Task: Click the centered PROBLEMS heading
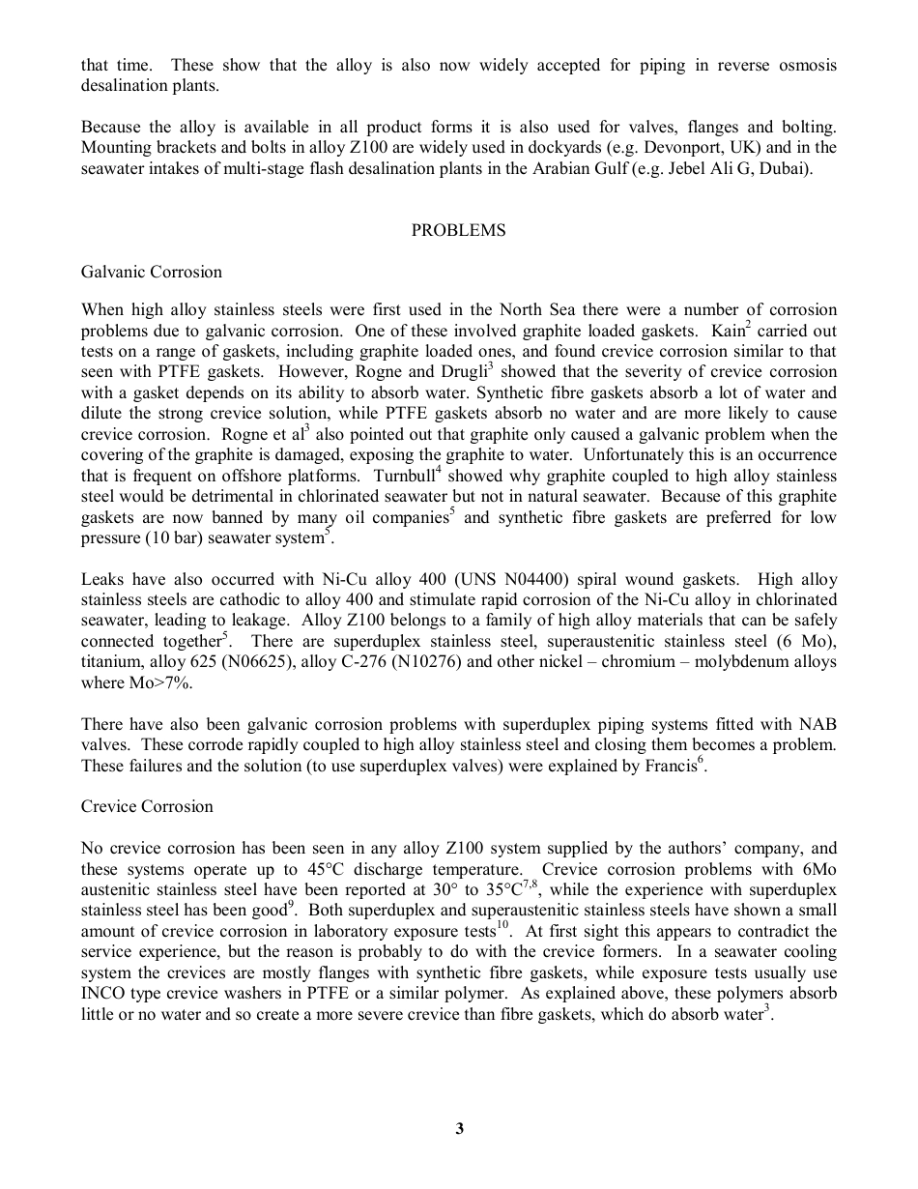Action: pyautogui.click(x=458, y=230)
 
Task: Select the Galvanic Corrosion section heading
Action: pyautogui.click(x=152, y=272)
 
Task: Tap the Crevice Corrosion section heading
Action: pyautogui.click(x=147, y=806)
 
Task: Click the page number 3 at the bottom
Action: pyautogui.click(x=460, y=1128)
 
